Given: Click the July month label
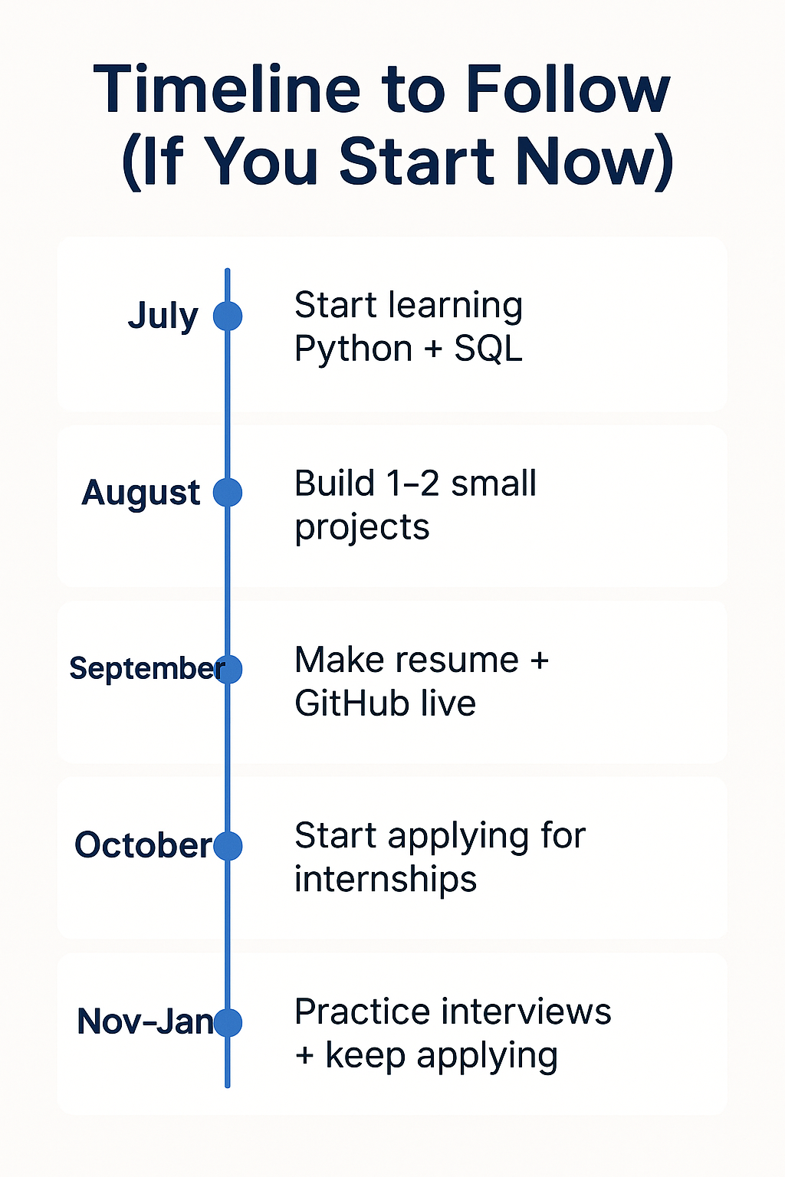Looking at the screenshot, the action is tap(163, 316).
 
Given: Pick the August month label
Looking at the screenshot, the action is tap(141, 493).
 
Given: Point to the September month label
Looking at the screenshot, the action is tap(147, 670).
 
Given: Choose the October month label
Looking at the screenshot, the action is tap(143, 845).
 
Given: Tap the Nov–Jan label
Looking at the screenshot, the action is tap(145, 1022).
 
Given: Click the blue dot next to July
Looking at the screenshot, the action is tap(228, 316).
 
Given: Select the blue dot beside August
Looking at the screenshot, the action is tap(228, 493).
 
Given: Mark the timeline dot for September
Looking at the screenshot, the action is tap(228, 670).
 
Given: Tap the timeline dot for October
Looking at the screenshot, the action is tap(228, 846).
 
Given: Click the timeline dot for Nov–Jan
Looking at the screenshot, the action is tap(228, 1022).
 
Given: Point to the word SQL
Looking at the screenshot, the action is tap(488, 349).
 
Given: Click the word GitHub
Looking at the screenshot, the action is tap(352, 703).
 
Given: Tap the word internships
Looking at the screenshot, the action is tap(386, 880).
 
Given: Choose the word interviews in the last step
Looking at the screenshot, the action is tap(525, 1011).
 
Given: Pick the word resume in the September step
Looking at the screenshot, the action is tap(456, 660).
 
